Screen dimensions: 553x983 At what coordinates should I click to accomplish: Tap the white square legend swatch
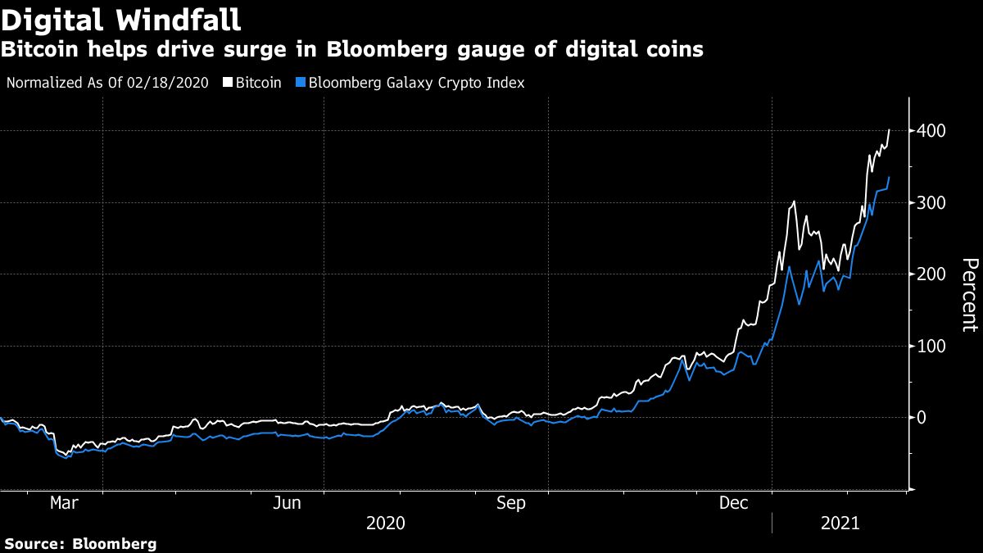point(228,83)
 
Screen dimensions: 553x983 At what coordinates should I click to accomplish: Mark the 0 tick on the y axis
point(922,418)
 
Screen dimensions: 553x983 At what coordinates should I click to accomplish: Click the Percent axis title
point(969,295)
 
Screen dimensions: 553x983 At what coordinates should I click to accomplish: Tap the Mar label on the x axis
point(65,504)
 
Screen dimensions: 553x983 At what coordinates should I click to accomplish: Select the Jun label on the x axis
point(288,504)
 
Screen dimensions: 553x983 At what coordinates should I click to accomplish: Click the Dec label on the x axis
point(733,504)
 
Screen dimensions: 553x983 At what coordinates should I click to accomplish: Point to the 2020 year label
point(386,523)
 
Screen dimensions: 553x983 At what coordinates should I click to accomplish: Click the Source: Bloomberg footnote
point(80,543)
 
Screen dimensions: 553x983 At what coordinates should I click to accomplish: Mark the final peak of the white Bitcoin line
point(890,129)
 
